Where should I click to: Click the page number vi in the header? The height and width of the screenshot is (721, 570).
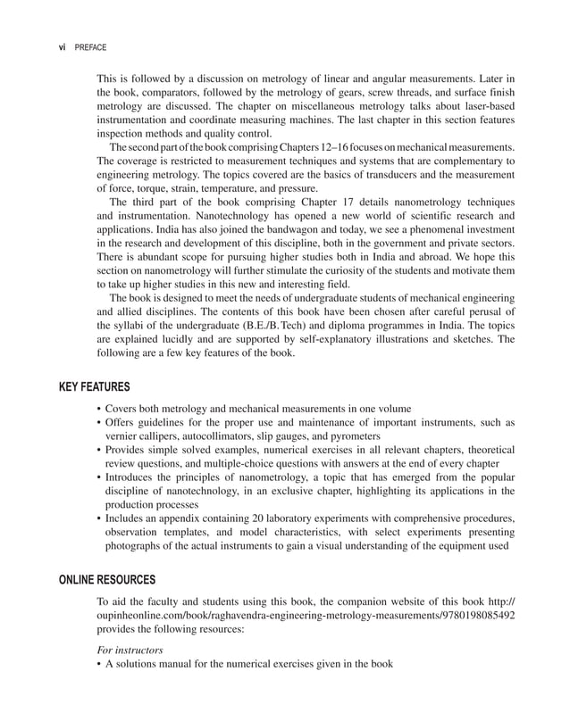tap(63, 47)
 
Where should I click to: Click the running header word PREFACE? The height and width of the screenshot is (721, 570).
tap(91, 47)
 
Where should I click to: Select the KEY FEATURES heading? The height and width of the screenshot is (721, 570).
tap(94, 386)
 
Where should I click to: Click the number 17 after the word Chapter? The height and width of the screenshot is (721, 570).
tap(294, 202)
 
